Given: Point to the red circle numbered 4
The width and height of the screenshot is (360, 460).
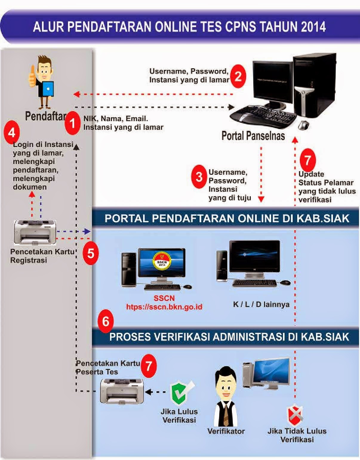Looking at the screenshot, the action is click(x=12, y=132).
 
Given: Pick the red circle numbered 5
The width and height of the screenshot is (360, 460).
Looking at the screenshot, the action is click(x=90, y=254).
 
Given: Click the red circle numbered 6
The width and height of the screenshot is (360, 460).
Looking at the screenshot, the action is click(x=106, y=321).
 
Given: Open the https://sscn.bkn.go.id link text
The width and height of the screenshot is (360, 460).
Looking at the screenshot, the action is click(x=164, y=307).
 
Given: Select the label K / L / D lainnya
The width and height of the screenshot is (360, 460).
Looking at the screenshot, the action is click(x=261, y=304).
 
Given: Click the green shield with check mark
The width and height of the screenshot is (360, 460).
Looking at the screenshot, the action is click(x=179, y=393).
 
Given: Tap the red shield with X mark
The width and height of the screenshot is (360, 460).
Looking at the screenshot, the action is click(x=295, y=415).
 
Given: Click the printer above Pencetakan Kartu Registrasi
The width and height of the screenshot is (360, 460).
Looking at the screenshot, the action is click(x=35, y=232).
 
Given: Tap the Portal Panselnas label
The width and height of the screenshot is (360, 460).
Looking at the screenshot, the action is click(x=253, y=136).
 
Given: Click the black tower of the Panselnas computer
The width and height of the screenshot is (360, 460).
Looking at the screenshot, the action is click(x=310, y=87).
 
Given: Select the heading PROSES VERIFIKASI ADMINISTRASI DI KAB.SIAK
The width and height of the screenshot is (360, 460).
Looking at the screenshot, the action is click(x=229, y=337).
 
